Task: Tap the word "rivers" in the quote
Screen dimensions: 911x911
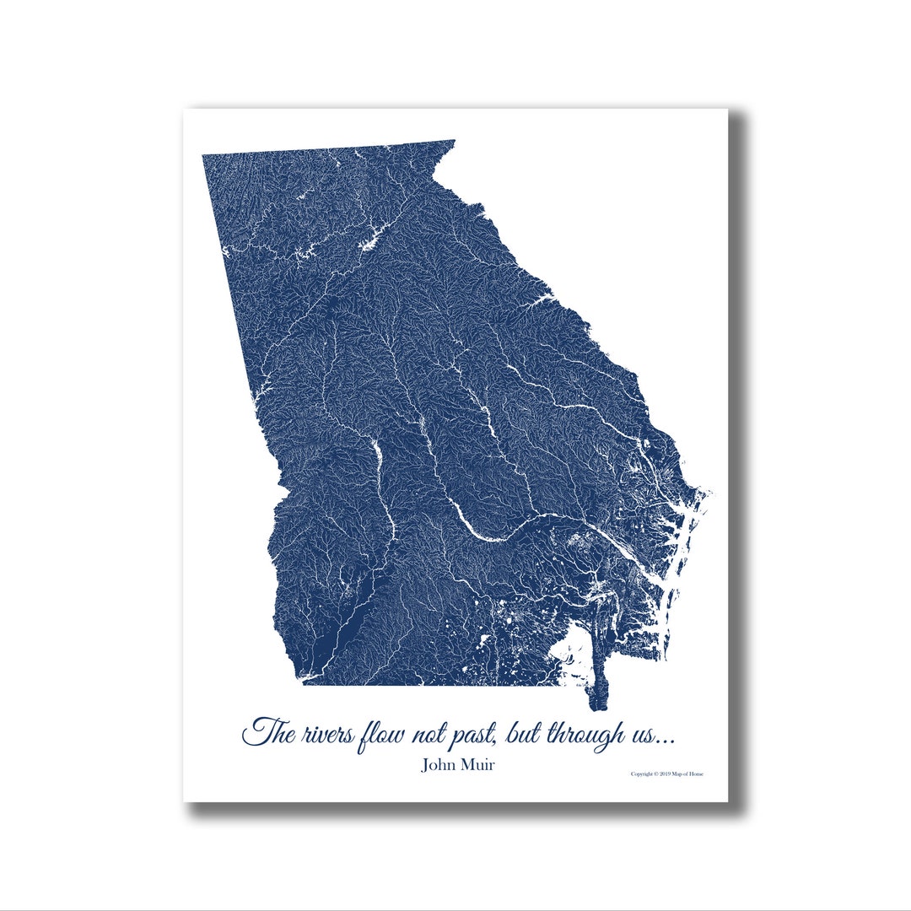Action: [322, 734]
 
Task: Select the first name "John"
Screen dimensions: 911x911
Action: [439, 766]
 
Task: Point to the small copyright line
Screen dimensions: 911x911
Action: [666, 774]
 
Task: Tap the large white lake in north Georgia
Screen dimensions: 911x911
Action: [372, 240]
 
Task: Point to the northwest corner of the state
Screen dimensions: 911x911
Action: [204, 157]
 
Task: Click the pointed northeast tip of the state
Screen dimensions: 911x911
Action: [454, 142]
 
